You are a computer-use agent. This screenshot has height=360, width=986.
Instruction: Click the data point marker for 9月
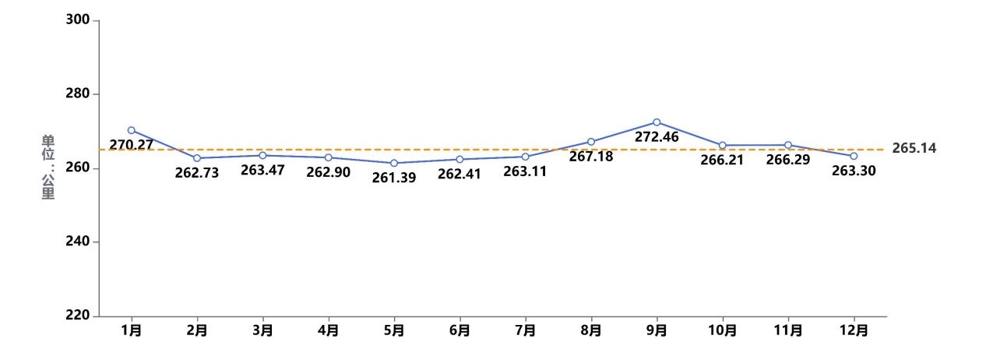tap(657, 122)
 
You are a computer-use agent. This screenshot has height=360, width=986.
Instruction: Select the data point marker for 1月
tap(132, 130)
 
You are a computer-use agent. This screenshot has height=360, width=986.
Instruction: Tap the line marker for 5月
tap(394, 163)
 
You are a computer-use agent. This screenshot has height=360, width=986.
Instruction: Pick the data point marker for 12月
tap(854, 156)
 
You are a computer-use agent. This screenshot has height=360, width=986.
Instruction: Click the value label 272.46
tap(657, 138)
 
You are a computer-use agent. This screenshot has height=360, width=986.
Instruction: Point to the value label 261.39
tap(394, 178)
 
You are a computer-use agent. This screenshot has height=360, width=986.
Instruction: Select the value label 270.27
tap(132, 145)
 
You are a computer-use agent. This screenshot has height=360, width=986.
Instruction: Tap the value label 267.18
tap(591, 157)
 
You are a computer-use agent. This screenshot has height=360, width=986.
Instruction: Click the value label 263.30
tap(854, 171)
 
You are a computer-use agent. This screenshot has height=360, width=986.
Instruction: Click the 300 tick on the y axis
tap(78, 20)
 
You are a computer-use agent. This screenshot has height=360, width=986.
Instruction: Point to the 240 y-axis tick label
tap(78, 242)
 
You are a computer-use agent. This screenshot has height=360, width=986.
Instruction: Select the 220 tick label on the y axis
tap(78, 316)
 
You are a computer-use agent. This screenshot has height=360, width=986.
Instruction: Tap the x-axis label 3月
tap(262, 330)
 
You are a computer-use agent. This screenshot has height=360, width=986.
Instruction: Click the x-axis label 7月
tap(525, 330)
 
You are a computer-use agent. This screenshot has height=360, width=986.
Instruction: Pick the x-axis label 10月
tap(723, 330)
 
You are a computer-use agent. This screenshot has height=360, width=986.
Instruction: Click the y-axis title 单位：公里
tap(48, 168)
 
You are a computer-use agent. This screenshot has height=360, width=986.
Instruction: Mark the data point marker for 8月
tap(591, 142)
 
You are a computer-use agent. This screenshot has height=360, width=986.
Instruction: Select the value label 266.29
tap(788, 161)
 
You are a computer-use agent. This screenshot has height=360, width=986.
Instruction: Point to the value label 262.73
tap(197, 173)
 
